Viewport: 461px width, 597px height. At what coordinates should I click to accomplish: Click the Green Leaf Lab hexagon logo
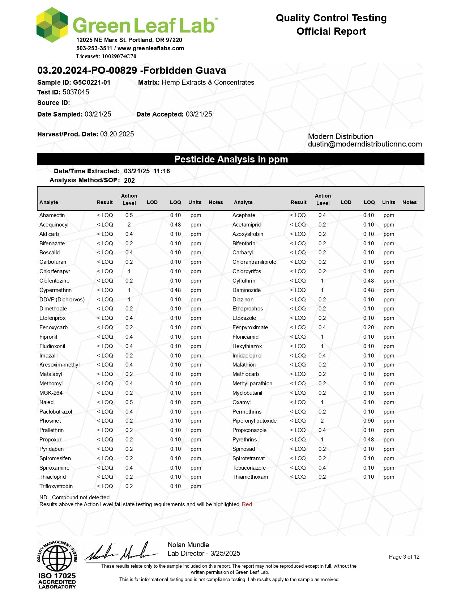click(x=52, y=25)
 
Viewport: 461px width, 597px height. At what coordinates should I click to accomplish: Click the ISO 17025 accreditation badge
click(x=57, y=564)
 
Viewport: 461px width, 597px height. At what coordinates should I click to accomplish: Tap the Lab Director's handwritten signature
click(x=121, y=552)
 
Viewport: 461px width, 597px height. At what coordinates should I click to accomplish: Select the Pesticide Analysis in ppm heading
click(x=231, y=159)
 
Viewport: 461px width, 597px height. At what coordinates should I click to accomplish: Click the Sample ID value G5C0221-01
click(x=91, y=82)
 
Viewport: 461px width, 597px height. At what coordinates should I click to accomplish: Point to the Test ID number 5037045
click(x=76, y=92)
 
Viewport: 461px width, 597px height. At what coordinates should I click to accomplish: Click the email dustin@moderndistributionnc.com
click(x=365, y=144)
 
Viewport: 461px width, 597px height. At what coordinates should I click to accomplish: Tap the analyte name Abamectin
click(x=52, y=215)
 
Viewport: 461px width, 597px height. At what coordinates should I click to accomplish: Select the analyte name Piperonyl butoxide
click(x=254, y=421)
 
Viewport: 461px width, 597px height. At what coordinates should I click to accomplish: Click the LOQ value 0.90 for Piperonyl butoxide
click(x=368, y=421)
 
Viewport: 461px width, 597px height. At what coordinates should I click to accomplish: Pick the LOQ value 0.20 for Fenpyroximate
click(x=368, y=327)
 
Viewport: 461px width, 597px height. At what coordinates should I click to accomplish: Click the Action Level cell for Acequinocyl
click(x=129, y=225)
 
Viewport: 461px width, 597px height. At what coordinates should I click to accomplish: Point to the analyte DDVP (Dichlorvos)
click(x=62, y=300)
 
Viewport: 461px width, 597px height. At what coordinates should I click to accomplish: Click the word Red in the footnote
click(x=247, y=504)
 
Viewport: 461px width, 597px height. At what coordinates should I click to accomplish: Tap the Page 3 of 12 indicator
click(x=404, y=557)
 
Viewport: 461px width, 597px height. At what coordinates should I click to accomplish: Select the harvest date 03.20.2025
click(x=117, y=134)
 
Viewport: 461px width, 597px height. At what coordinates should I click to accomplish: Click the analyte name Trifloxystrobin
click(x=56, y=486)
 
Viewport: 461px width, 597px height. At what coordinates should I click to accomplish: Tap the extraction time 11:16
click(x=161, y=171)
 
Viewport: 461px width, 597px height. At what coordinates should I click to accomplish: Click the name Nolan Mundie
click(x=188, y=545)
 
